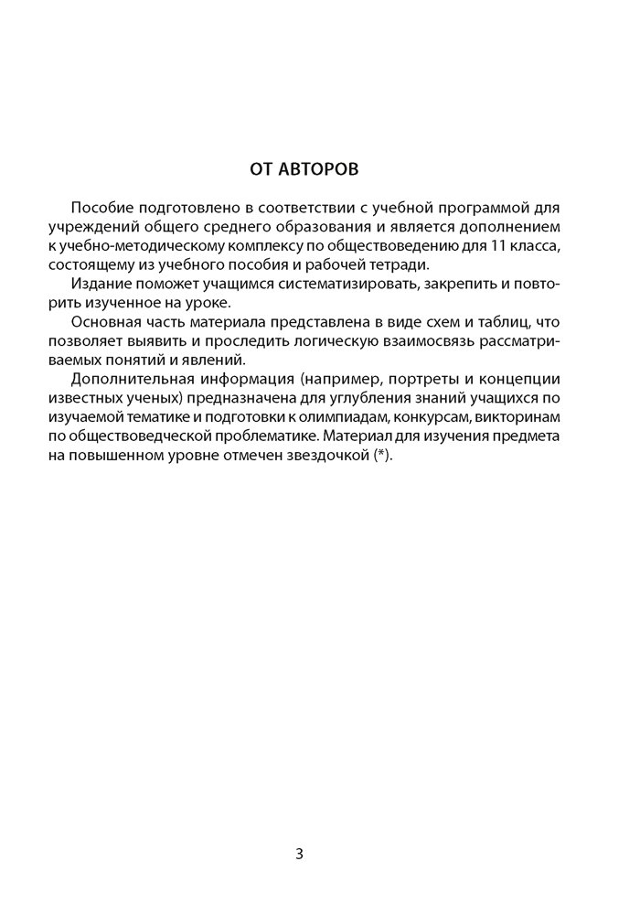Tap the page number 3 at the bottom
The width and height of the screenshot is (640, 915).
tap(300, 855)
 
